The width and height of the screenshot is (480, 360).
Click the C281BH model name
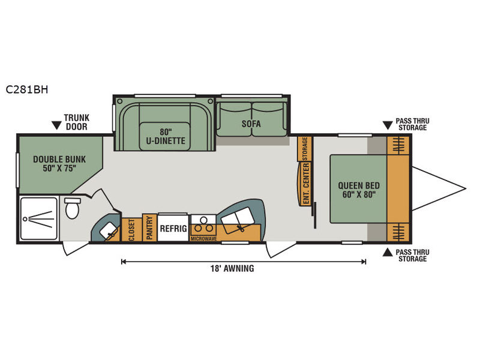click(x=27, y=89)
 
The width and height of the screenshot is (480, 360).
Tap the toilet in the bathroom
click(x=73, y=208)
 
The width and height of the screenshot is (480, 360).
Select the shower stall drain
click(x=25, y=219)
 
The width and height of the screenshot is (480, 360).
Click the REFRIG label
click(x=173, y=229)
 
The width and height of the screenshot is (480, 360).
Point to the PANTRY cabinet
click(x=149, y=227)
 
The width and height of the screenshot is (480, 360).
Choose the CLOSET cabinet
click(x=132, y=230)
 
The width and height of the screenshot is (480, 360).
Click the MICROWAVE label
click(x=203, y=238)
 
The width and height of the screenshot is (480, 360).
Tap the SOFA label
click(x=251, y=124)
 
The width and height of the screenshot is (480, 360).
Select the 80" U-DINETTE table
click(x=166, y=137)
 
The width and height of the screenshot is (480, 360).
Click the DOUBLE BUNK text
click(x=59, y=159)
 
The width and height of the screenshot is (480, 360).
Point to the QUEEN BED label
click(x=359, y=185)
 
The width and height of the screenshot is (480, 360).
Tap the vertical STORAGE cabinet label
click(x=305, y=149)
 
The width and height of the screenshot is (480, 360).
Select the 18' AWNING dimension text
click(x=232, y=268)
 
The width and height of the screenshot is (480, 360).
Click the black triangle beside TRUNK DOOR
click(x=56, y=125)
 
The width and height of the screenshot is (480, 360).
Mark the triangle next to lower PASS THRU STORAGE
click(x=388, y=253)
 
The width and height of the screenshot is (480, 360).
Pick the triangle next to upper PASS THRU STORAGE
click(x=388, y=125)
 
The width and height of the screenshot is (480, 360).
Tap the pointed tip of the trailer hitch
click(x=466, y=188)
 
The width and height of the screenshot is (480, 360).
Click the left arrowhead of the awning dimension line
click(x=124, y=262)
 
